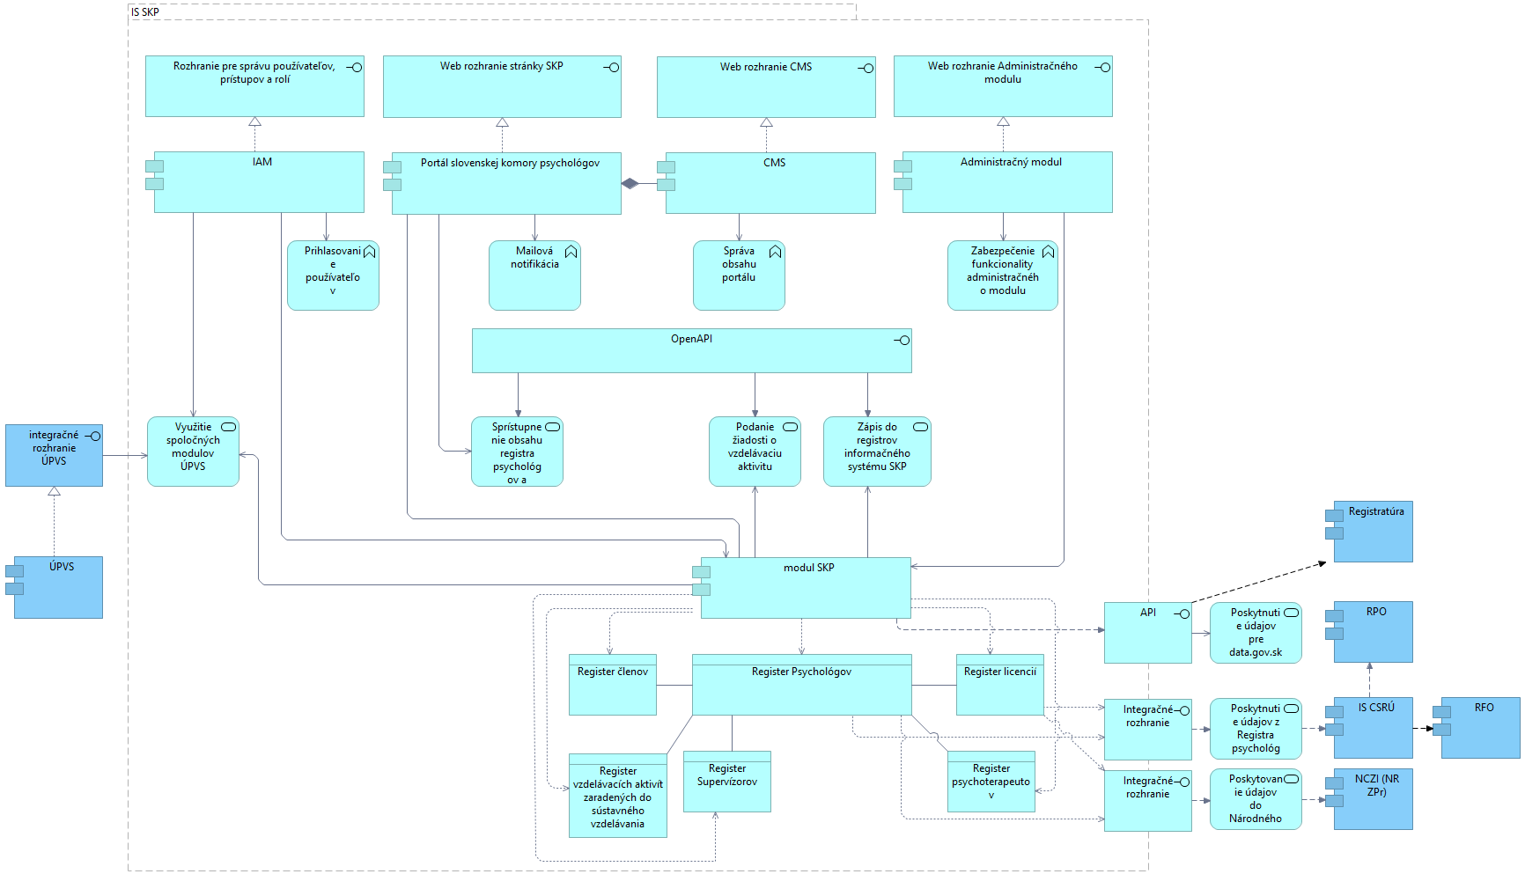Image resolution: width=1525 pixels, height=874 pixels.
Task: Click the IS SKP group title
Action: coord(145,12)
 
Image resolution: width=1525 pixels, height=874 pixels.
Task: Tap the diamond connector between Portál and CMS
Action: coord(629,184)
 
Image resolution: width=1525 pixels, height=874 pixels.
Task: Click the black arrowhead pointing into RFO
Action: coord(1430,729)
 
